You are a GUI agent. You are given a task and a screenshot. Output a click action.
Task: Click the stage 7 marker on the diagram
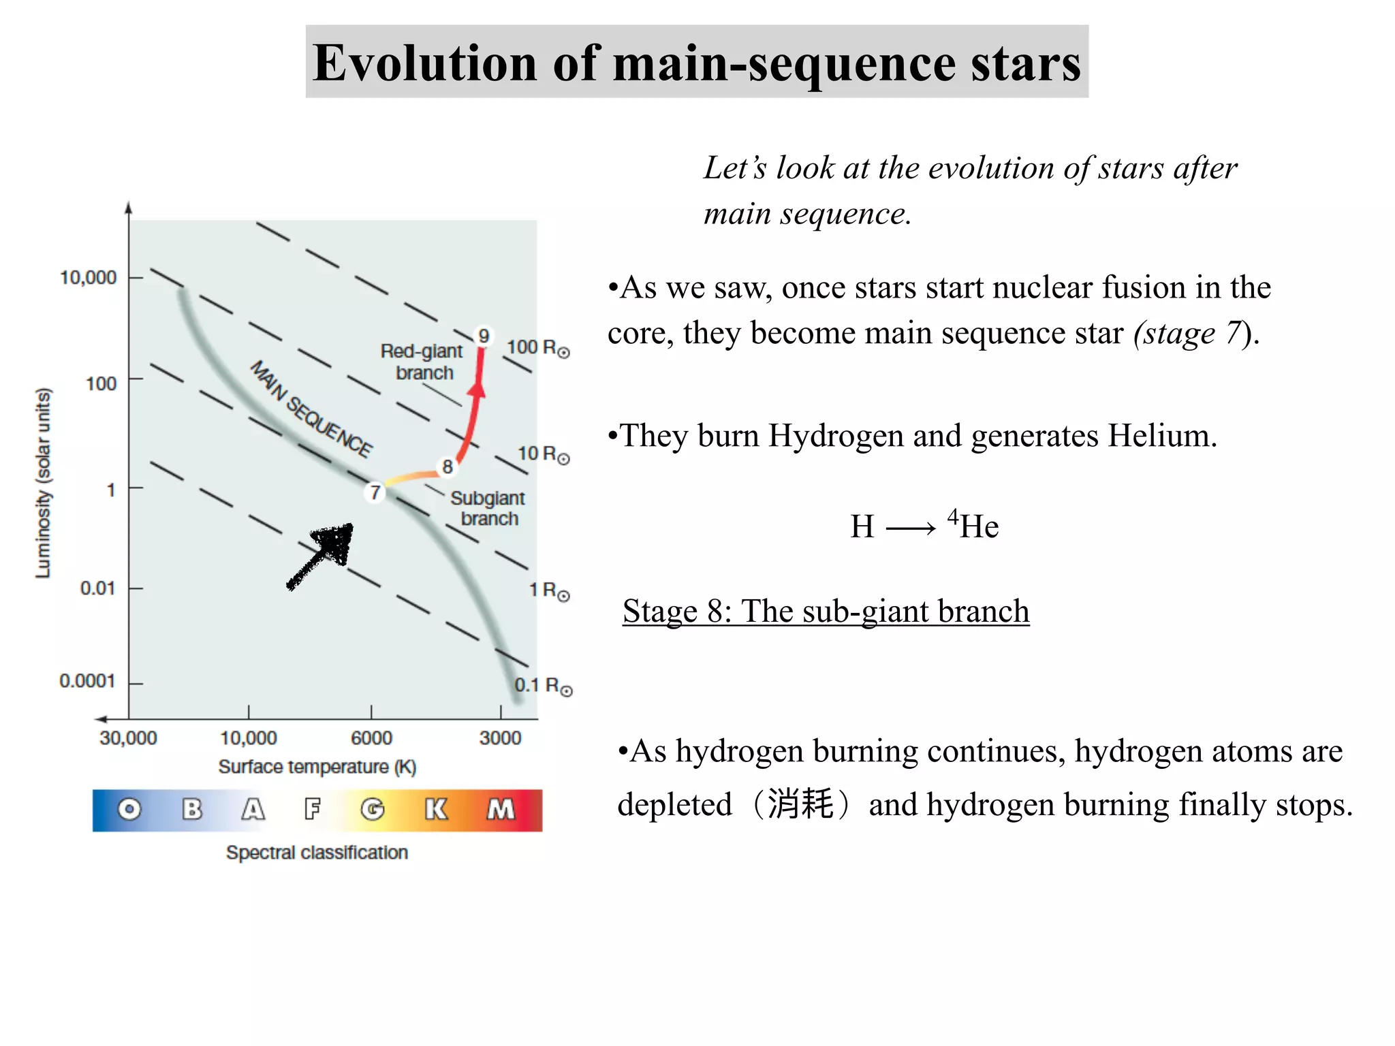tap(375, 492)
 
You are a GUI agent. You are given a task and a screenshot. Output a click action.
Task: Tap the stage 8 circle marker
tap(448, 466)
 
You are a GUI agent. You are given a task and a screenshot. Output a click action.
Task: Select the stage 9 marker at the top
tap(483, 336)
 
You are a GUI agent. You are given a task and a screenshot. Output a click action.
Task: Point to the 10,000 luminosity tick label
tap(89, 278)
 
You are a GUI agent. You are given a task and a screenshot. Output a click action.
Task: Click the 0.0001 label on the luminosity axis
tap(87, 681)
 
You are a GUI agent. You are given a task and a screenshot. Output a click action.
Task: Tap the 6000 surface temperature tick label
tap(371, 738)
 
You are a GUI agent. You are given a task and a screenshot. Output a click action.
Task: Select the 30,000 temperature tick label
tap(128, 738)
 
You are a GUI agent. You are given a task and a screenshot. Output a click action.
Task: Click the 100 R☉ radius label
tap(537, 348)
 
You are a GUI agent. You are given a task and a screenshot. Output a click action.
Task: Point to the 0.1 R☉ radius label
tap(542, 686)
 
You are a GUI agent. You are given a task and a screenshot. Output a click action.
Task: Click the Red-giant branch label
tap(422, 362)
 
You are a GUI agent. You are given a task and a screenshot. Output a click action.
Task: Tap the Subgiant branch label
tap(488, 508)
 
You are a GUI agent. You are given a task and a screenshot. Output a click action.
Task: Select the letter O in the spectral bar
tap(129, 810)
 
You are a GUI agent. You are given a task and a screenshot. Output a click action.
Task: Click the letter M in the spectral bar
tap(501, 810)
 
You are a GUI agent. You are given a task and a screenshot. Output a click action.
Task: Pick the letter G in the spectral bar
tap(372, 810)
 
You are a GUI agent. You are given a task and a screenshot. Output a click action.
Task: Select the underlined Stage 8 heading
tap(826, 611)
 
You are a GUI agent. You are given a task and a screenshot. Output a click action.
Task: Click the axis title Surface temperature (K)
tap(317, 767)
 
